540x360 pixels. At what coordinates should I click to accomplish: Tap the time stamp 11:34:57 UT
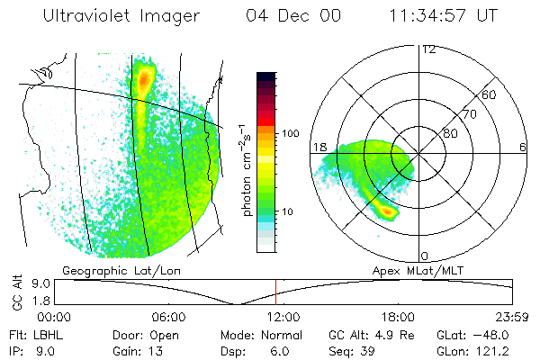coord(442,17)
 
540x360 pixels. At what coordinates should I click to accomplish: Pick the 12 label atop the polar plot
coord(428,49)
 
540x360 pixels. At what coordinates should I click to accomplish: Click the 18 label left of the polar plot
coord(319,147)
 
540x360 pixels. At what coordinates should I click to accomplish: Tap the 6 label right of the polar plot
coord(523,147)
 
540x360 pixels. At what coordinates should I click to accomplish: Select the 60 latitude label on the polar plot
coord(490,94)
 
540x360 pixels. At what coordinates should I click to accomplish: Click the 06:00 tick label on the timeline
coord(168,317)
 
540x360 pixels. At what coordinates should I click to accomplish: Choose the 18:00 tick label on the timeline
coord(398,317)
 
